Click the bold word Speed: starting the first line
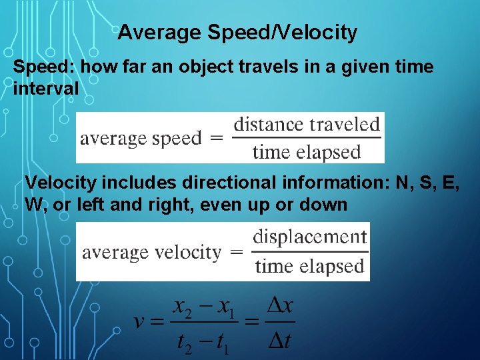(39, 67)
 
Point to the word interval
(45, 87)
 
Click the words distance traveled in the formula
(307, 124)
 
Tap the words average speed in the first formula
(141, 139)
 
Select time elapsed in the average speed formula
(307, 152)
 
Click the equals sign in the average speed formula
(217, 139)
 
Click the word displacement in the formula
(310, 237)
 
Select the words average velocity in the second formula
(151, 253)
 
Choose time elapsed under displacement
(310, 267)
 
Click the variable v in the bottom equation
(140, 323)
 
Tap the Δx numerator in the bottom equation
(280, 308)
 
